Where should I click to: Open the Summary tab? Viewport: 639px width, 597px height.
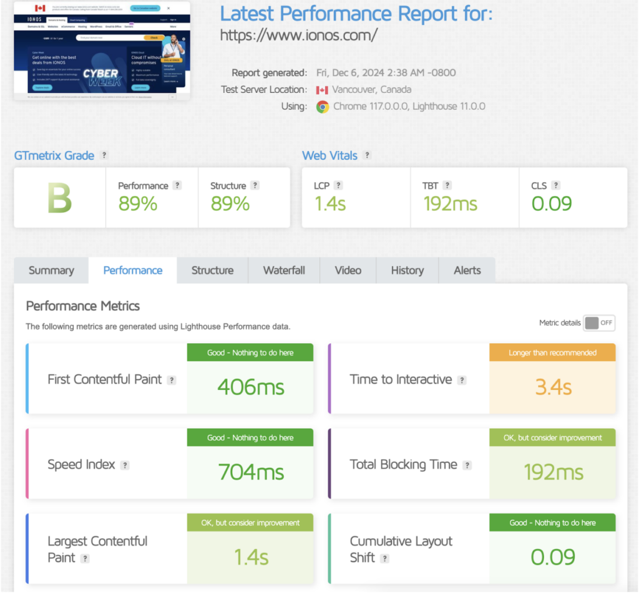pos(51,270)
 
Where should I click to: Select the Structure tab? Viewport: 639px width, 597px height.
pos(212,270)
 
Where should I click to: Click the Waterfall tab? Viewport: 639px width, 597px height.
pos(284,270)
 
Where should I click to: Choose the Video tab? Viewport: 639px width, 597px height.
pos(348,270)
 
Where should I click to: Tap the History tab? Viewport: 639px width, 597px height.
pos(407,270)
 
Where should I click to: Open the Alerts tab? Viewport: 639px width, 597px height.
pos(467,270)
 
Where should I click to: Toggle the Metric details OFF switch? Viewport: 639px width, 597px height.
pos(599,323)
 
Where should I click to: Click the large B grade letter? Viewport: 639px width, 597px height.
pos(60,198)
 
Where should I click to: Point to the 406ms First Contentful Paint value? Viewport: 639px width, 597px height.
pos(250,387)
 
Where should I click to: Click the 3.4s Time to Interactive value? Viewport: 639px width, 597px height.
pos(553,387)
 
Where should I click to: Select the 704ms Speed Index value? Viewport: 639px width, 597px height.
pos(250,473)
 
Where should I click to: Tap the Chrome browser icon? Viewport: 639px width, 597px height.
pos(323,107)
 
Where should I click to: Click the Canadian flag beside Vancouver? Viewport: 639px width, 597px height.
pos(322,90)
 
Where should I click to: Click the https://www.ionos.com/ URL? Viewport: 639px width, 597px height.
pos(298,36)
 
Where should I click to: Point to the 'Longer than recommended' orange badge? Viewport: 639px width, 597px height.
pos(552,352)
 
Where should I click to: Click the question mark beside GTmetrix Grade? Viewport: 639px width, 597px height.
pos(104,155)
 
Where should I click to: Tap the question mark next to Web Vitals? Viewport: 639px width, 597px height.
pos(367,155)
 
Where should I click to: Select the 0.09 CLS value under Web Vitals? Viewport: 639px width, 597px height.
pos(551,203)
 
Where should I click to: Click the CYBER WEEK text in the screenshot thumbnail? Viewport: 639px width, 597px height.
pos(100,78)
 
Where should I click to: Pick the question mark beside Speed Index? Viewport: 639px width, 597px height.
pos(125,465)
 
